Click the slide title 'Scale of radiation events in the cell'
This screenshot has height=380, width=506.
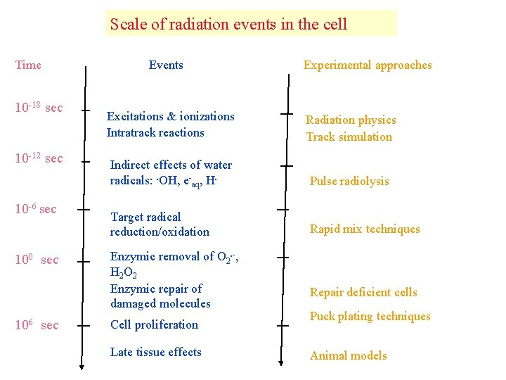click(x=228, y=24)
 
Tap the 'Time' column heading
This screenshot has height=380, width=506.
click(x=28, y=65)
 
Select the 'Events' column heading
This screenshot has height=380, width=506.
click(x=166, y=65)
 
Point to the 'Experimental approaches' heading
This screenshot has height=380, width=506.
click(x=368, y=65)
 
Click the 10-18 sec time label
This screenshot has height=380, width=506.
click(x=39, y=108)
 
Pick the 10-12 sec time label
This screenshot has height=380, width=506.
click(x=39, y=158)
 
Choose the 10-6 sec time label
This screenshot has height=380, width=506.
click(x=36, y=209)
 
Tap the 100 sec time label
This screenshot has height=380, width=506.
click(x=37, y=260)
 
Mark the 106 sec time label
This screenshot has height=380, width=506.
click(x=37, y=325)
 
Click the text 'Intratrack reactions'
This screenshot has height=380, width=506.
click(x=155, y=132)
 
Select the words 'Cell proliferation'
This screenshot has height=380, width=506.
click(x=154, y=324)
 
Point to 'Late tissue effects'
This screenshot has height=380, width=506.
click(x=156, y=352)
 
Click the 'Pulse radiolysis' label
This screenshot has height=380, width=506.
click(x=349, y=181)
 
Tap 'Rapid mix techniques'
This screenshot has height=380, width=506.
click(x=365, y=229)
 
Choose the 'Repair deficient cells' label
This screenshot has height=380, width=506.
click(x=363, y=292)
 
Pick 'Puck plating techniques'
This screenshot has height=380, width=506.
click(x=370, y=316)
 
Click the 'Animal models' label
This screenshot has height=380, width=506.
click(x=349, y=355)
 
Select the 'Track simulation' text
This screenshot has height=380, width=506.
click(x=349, y=137)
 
